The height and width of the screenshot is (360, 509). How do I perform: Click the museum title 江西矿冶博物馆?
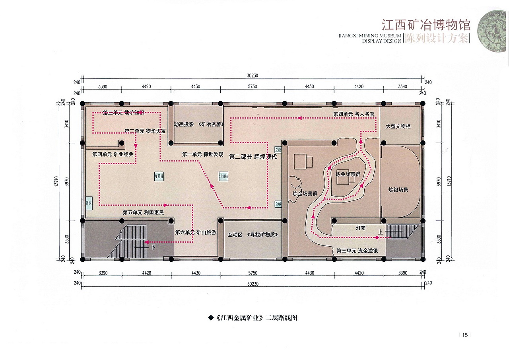[425, 25]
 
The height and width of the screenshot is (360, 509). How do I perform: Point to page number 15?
[464, 335]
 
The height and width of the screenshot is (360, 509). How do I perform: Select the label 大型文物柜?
[398, 126]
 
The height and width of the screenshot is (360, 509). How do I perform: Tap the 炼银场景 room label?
[398, 190]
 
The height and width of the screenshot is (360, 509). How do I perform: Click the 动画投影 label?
[184, 125]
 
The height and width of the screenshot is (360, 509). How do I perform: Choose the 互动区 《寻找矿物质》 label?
[253, 235]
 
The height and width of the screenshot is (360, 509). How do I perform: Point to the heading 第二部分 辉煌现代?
[253, 157]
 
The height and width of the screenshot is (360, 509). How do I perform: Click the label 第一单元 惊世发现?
[203, 154]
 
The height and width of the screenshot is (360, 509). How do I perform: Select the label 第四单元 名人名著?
[354, 114]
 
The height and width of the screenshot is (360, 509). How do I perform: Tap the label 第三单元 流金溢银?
[357, 251]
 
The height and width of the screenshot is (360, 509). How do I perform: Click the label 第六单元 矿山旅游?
[196, 232]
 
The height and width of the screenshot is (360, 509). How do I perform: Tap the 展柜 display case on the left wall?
[88, 202]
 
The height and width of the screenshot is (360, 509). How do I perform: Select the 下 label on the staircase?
[153, 247]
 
